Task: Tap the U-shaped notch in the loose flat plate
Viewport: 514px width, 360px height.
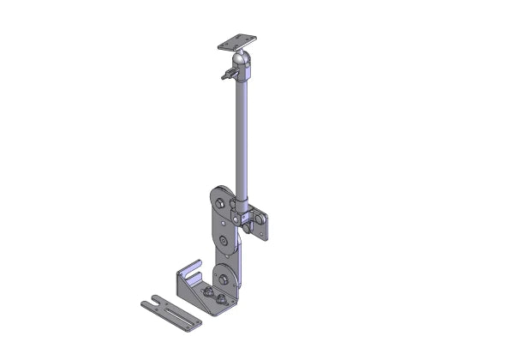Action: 152,301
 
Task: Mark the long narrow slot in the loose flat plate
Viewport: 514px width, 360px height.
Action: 180,315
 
